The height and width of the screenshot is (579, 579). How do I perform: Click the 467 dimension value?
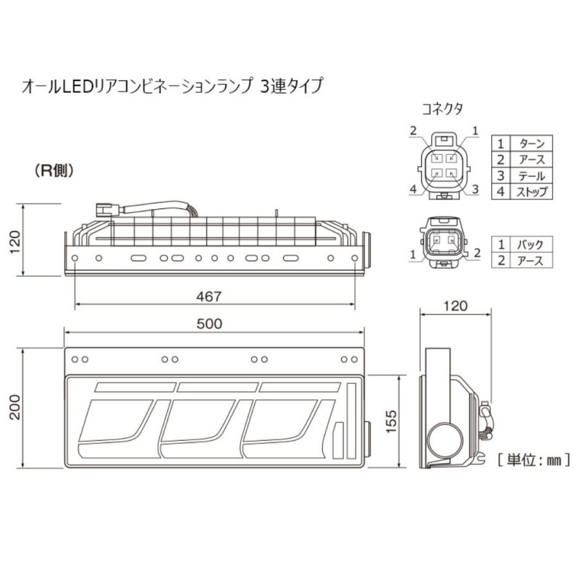(208, 297)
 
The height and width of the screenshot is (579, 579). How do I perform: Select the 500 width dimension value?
(209, 324)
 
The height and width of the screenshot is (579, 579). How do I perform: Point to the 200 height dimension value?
(15, 407)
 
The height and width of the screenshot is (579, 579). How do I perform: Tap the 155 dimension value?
(391, 421)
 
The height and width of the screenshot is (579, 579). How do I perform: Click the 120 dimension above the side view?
(455, 306)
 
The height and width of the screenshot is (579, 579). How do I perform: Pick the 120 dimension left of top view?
(15, 242)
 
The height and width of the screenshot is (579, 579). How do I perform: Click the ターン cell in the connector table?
(531, 143)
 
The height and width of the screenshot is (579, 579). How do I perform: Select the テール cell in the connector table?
(531, 176)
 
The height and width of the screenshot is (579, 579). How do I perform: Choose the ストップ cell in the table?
(531, 192)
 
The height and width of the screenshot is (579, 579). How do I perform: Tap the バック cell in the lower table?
(530, 244)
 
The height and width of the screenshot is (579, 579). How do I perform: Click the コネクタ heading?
(442, 109)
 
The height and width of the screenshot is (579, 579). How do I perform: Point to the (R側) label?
(54, 170)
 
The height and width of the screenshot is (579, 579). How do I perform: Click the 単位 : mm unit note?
(533, 460)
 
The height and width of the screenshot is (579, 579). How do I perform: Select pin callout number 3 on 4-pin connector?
(475, 189)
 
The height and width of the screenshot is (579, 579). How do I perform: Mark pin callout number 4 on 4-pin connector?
(413, 189)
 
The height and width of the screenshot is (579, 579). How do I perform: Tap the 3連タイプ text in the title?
(291, 86)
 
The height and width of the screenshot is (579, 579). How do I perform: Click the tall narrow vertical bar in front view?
(351, 421)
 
